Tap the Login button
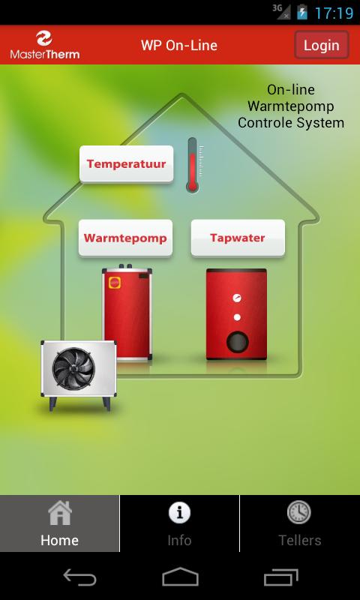(321, 45)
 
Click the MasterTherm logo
(45, 45)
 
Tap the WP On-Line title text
(179, 46)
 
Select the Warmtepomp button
(125, 238)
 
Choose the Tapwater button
(238, 238)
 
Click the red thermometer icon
(193, 164)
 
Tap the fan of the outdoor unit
(73, 368)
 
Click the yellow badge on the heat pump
(115, 283)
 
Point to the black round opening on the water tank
(237, 342)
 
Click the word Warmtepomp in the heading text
(291, 106)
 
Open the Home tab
(60, 523)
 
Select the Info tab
(179, 523)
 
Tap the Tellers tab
(300, 523)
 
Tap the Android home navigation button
(180, 577)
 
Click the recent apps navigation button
(280, 577)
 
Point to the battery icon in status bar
(302, 12)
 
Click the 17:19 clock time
(334, 13)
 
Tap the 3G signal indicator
(281, 11)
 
